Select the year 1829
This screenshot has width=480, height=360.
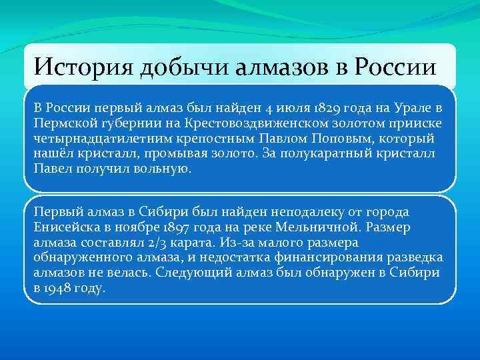[x=325, y=109]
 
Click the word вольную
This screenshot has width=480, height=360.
[x=165, y=169]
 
